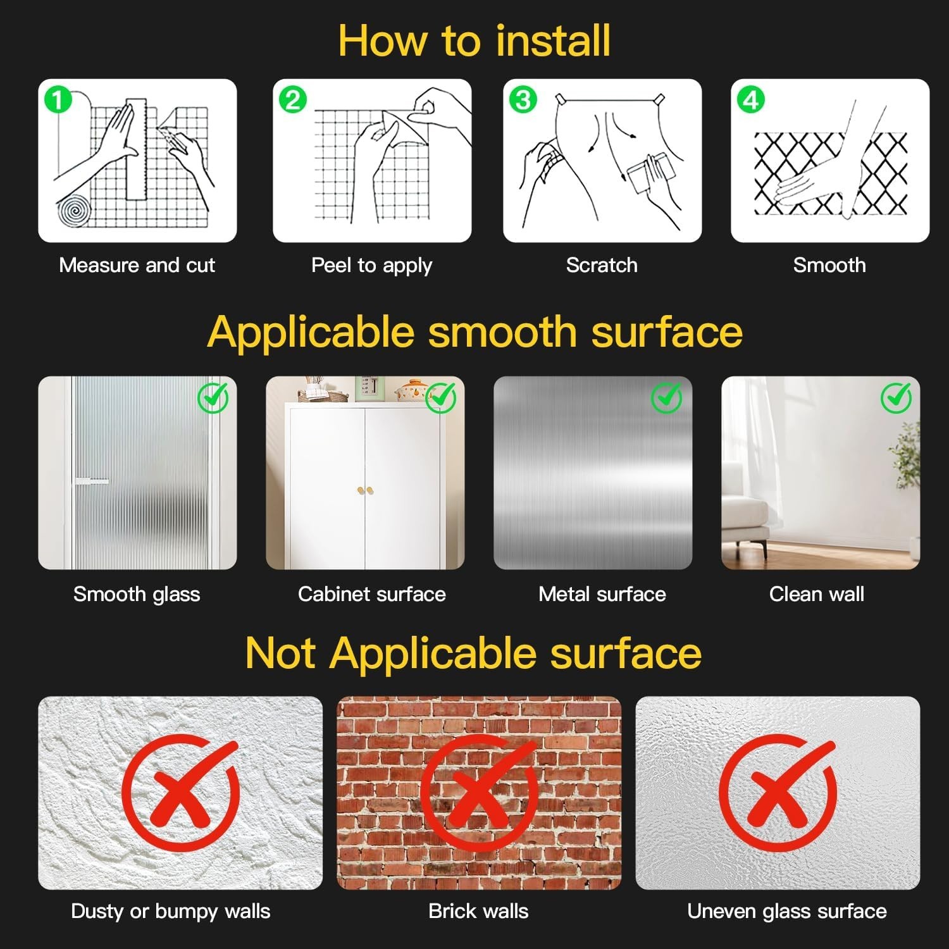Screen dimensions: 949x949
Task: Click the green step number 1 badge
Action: pos(58,100)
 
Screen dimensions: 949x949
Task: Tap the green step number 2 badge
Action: pos(292,100)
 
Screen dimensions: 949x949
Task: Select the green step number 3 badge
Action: pos(523,100)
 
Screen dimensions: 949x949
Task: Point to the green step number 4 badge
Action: pos(751,100)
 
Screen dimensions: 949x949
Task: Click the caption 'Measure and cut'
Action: pos(137,265)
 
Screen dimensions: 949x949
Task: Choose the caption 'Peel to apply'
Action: pos(371,266)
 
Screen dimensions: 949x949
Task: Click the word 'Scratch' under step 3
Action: pos(602,265)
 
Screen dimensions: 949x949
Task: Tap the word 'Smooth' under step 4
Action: pos(829,265)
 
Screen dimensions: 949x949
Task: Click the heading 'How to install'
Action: pos(475,40)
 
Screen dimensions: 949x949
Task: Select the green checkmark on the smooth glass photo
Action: pos(213,397)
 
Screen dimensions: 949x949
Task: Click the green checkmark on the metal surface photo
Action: pos(667,397)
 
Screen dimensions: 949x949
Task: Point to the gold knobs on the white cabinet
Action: pos(365,490)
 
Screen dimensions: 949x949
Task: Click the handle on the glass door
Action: pos(92,481)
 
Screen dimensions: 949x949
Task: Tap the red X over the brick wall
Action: pos(480,793)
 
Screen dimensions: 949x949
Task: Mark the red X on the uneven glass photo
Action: pos(778,793)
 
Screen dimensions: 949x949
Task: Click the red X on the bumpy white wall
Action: pos(181,793)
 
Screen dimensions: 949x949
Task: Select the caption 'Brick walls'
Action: pos(478,911)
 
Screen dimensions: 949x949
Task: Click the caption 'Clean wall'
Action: pos(817,594)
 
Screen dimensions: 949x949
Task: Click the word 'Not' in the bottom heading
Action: pos(280,653)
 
